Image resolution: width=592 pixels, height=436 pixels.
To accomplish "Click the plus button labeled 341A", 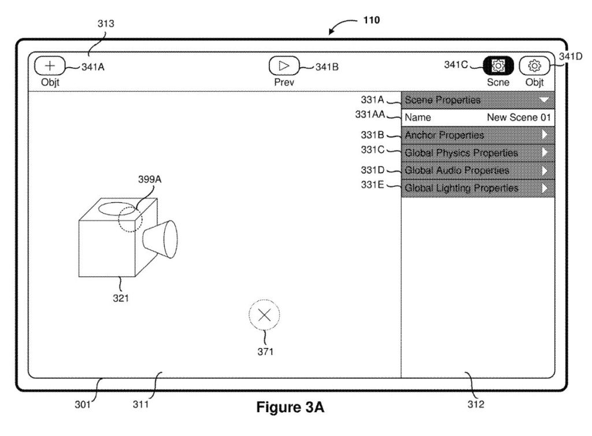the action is (x=50, y=66).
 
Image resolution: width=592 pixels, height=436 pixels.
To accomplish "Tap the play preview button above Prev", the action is (x=284, y=66).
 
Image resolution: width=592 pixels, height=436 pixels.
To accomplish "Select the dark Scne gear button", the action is (x=498, y=66).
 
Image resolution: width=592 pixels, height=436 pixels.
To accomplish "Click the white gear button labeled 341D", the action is (x=534, y=66).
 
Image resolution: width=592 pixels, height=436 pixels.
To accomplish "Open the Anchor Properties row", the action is (x=478, y=135).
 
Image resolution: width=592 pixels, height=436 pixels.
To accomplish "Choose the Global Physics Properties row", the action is (x=478, y=153).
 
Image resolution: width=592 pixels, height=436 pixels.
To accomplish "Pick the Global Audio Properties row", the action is (x=478, y=171).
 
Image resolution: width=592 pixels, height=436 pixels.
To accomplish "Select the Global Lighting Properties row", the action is (x=478, y=188).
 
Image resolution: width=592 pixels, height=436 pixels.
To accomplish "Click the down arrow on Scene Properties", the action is (x=544, y=100).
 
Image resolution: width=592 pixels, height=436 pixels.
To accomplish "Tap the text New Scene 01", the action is (x=519, y=117).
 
